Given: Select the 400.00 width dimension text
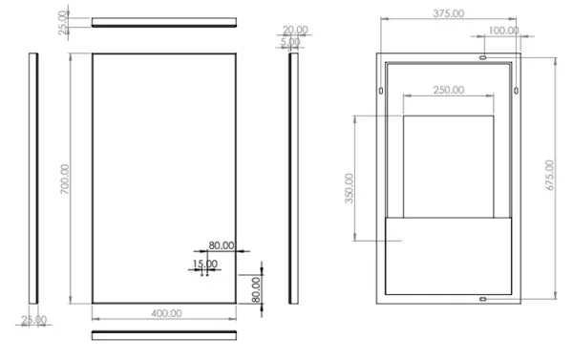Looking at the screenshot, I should pos(166,312).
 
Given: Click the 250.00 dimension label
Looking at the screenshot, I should pos(448,90).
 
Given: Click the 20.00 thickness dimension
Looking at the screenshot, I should pos(295,30).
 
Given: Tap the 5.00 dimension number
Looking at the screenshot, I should pos(290,42).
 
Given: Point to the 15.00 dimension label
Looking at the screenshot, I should pos(203,263).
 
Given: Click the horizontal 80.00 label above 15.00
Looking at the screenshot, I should pos(221,245).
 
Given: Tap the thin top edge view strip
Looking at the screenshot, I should pos(164,21).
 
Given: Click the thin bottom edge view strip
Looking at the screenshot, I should pos(164,334).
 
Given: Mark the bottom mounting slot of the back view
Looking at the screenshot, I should pos(483,300).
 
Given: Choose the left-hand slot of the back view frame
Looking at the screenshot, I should pos(382,92).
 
